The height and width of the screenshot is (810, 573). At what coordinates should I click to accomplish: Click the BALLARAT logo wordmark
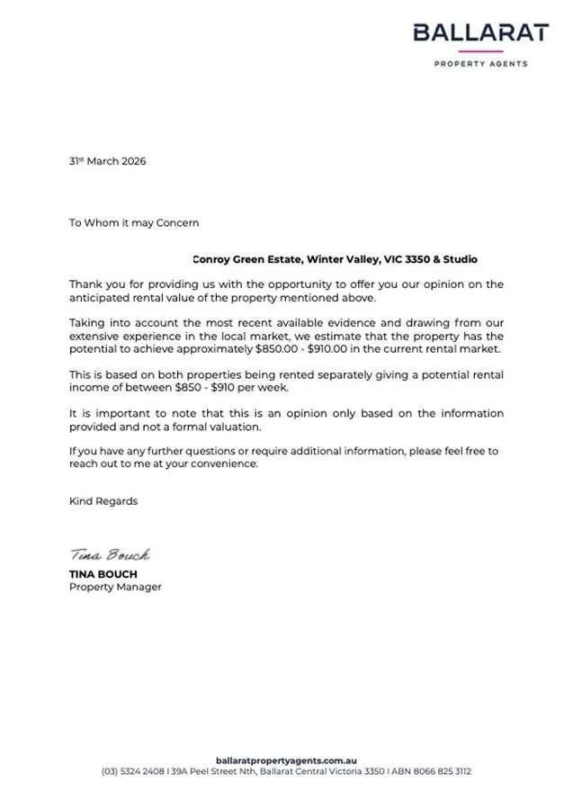[480, 33]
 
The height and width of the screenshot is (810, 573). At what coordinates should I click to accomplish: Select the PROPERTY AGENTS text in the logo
[480, 65]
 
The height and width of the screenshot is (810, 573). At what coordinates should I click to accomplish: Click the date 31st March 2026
[107, 162]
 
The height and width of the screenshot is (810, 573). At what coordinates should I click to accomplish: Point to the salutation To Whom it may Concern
[134, 222]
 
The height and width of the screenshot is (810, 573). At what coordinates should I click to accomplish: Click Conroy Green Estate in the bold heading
[247, 259]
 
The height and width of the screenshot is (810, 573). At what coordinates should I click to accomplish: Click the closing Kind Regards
[103, 501]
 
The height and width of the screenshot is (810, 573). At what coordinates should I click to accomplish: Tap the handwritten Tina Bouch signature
[110, 555]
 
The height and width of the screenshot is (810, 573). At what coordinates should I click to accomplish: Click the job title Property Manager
[115, 587]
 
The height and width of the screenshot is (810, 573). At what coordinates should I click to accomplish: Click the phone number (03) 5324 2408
[134, 771]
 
